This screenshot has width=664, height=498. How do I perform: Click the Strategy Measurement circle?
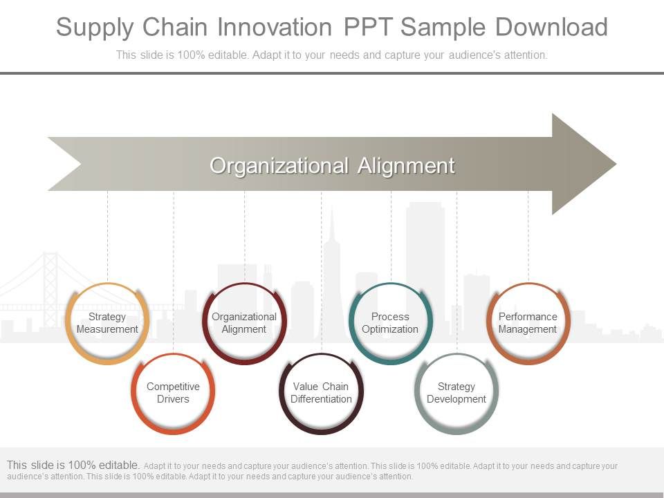[x=107, y=324]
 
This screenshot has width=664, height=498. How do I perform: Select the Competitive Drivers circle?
[x=173, y=394]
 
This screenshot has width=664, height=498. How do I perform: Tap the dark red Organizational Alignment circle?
[x=244, y=324]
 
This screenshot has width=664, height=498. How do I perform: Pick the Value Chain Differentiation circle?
[x=321, y=394]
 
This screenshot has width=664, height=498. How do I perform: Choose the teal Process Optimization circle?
[x=391, y=324]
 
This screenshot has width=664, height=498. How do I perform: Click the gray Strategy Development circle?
[x=456, y=394]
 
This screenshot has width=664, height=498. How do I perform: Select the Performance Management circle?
[x=528, y=324]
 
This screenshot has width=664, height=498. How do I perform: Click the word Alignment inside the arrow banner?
[x=406, y=166]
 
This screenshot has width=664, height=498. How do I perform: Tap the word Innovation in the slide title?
[x=275, y=28]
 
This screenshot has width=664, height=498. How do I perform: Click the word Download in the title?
[x=551, y=28]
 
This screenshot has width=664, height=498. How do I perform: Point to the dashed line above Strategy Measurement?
[x=107, y=235]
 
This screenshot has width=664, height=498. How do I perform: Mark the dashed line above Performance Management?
[x=528, y=235]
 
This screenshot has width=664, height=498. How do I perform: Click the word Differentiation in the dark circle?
[x=321, y=399]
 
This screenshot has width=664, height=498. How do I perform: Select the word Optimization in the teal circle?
[x=391, y=329]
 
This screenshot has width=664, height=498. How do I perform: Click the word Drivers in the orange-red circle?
[x=173, y=399]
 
